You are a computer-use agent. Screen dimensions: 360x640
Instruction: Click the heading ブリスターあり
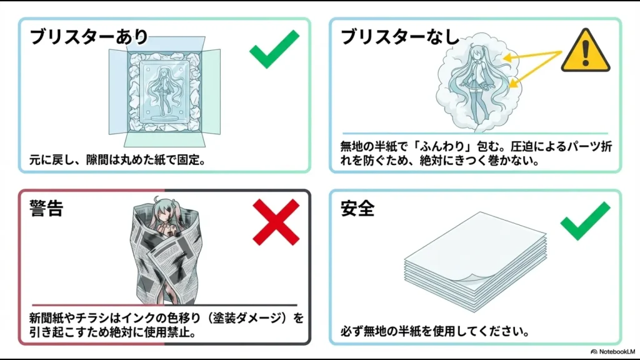[x=89, y=37]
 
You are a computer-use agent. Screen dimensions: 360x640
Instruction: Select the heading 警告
[x=46, y=209]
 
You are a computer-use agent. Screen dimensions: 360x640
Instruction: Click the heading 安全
[x=357, y=209]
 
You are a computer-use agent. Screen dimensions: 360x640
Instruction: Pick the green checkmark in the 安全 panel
[x=584, y=220]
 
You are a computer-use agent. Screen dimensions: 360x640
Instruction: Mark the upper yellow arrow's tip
[x=506, y=59]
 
